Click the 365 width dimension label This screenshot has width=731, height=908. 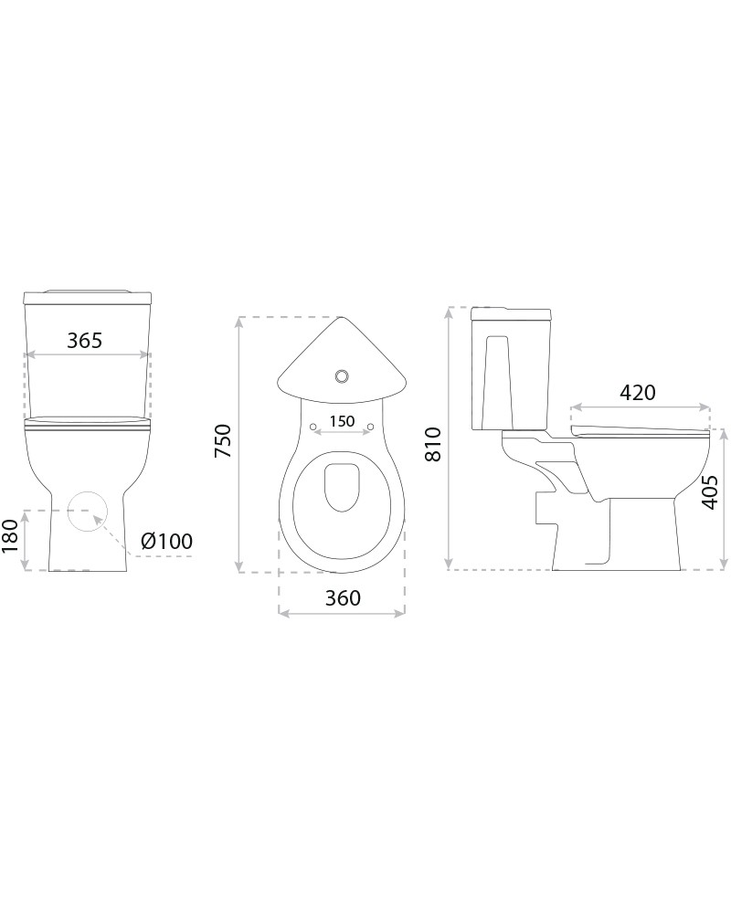pyautogui.click(x=85, y=341)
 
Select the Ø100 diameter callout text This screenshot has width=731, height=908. pyautogui.click(x=166, y=542)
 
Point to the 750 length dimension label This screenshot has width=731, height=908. pyautogui.click(x=223, y=440)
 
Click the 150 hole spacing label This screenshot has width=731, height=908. pyautogui.click(x=342, y=421)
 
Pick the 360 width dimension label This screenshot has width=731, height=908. pyautogui.click(x=343, y=597)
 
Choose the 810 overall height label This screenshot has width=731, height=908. pyautogui.click(x=433, y=444)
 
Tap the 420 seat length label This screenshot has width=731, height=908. pyautogui.click(x=638, y=393)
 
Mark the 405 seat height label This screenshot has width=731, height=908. pyautogui.click(x=709, y=492)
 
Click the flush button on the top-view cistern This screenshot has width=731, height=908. pyautogui.click(x=342, y=376)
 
